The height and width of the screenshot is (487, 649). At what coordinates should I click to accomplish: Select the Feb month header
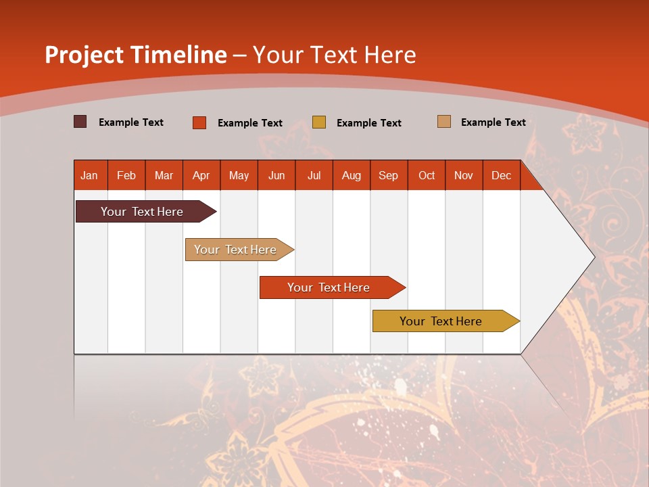tap(126, 175)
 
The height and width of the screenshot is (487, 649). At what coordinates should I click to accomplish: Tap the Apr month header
tap(201, 175)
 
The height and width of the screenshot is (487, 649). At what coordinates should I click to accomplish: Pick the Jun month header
tap(277, 175)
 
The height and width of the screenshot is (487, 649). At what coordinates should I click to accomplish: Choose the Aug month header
tap(352, 175)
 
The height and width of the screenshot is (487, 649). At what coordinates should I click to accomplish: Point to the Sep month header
tap(389, 175)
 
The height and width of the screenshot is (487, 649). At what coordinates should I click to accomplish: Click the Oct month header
tap(427, 175)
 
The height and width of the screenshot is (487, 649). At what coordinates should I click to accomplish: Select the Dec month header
tap(502, 175)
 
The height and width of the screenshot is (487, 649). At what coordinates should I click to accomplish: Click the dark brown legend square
tap(80, 122)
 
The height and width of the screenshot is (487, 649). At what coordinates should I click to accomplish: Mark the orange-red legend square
tap(199, 122)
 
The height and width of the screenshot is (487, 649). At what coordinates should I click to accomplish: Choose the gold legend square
tap(319, 122)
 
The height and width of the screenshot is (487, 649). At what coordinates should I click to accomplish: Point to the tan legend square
tap(444, 122)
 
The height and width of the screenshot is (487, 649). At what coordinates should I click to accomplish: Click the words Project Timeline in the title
tap(135, 55)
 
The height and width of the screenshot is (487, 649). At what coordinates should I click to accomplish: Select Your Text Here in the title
tap(335, 55)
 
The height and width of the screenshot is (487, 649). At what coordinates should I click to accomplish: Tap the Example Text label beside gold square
tap(369, 123)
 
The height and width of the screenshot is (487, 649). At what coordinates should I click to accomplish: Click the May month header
tap(239, 175)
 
